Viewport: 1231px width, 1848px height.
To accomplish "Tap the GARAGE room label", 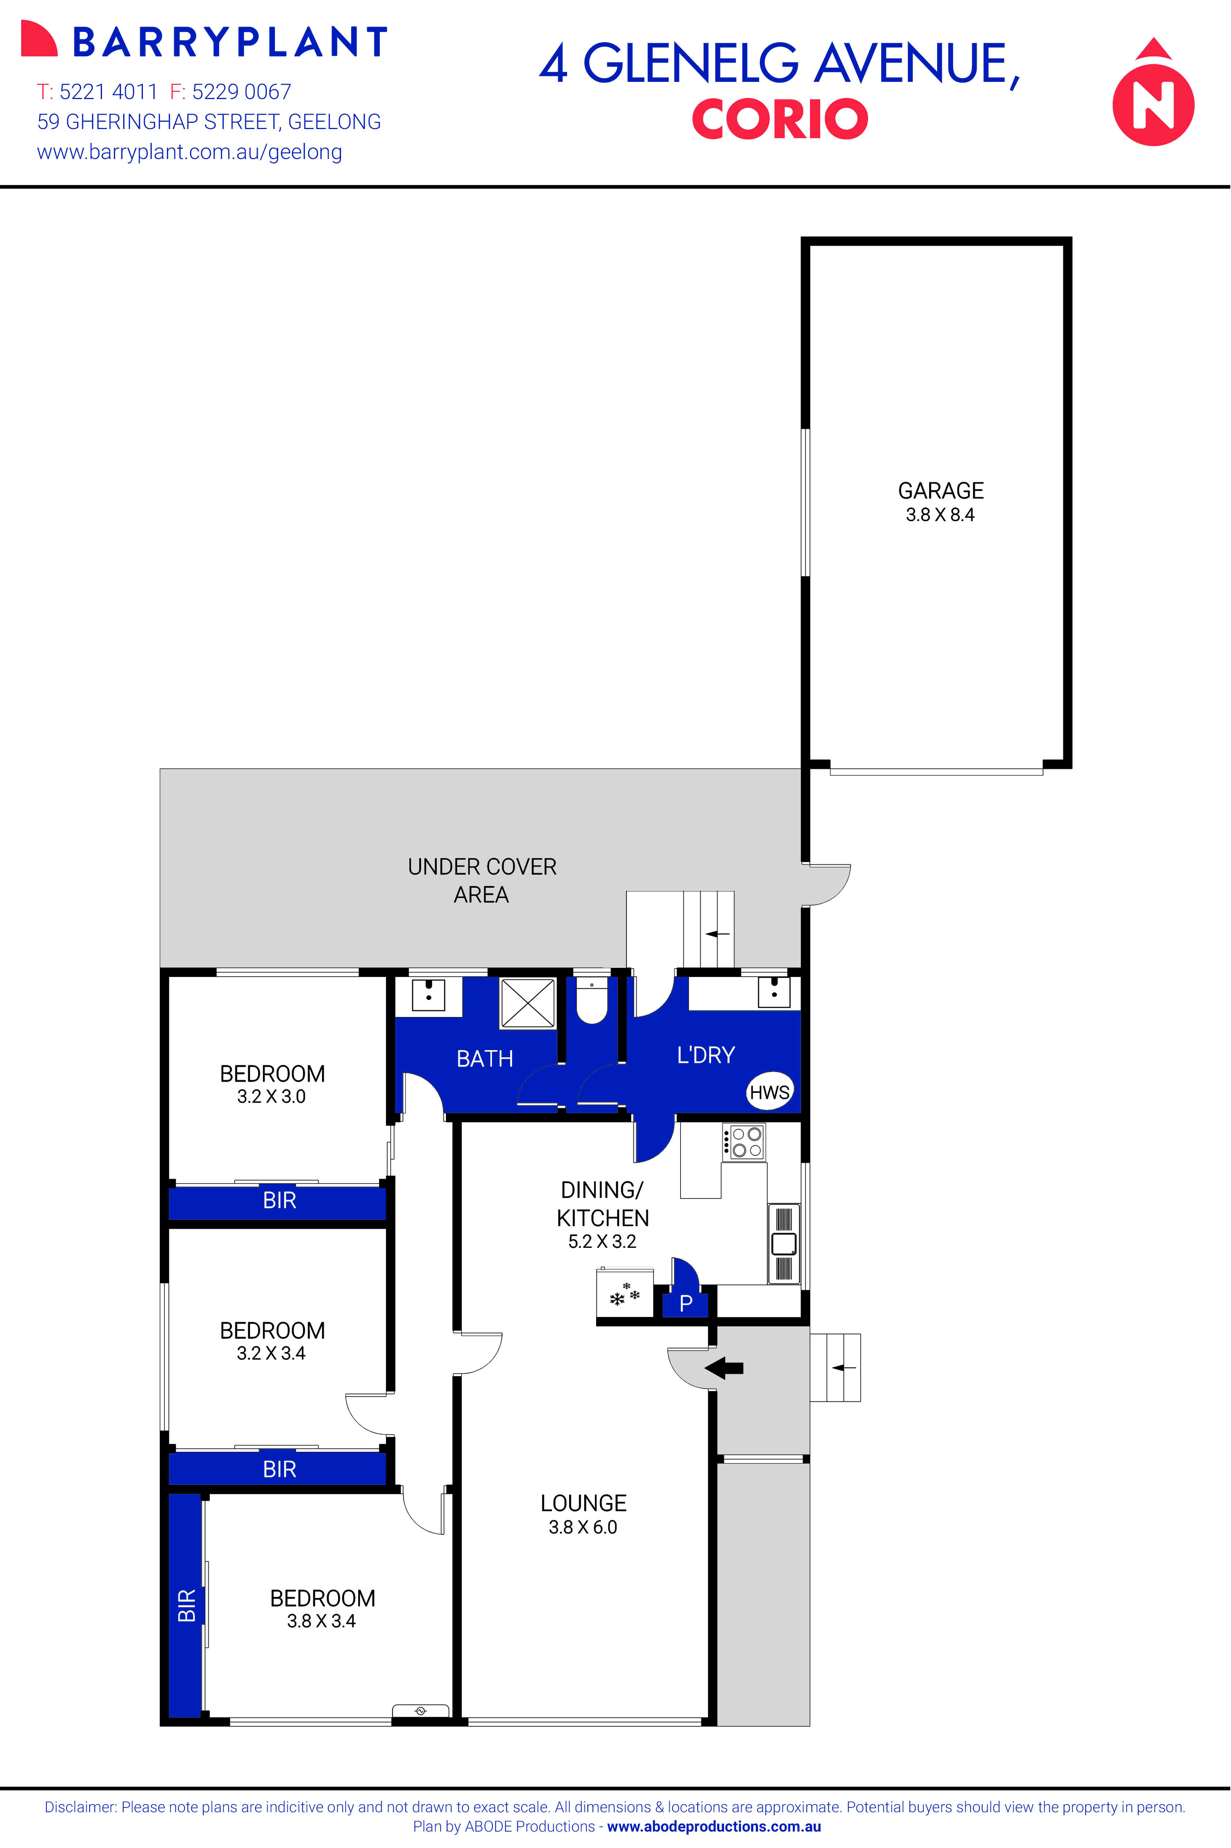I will [940, 491].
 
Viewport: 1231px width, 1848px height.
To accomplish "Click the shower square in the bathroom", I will [527, 1003].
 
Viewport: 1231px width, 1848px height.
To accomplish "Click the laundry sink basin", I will [774, 992].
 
